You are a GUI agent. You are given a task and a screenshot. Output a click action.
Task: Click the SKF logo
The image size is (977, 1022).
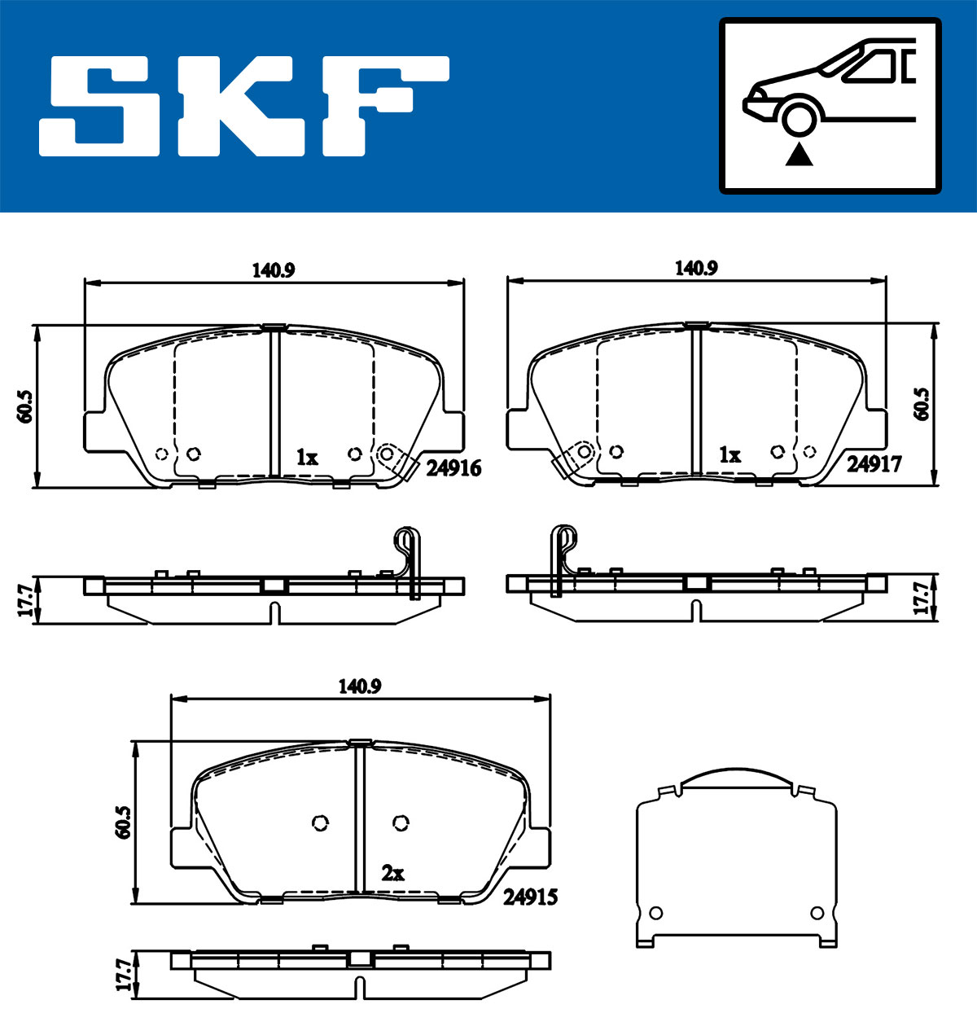coord(244,106)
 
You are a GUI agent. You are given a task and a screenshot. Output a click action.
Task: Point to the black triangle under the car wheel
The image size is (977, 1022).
coord(799,155)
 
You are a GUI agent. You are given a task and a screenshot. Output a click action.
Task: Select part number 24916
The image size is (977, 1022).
coord(453,468)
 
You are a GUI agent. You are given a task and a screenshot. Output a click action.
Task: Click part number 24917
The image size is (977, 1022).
coord(874,464)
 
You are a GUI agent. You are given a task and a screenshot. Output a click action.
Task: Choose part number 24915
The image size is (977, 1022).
coord(530,897)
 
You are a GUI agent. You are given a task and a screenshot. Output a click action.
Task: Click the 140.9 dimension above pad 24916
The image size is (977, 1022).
coord(274,270)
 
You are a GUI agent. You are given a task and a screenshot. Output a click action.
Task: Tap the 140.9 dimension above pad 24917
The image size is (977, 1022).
coord(696,269)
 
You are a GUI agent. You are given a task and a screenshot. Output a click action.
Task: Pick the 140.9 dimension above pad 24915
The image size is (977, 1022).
coord(360,686)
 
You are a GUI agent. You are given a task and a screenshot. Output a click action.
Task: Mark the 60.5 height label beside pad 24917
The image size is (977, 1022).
coord(921,404)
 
